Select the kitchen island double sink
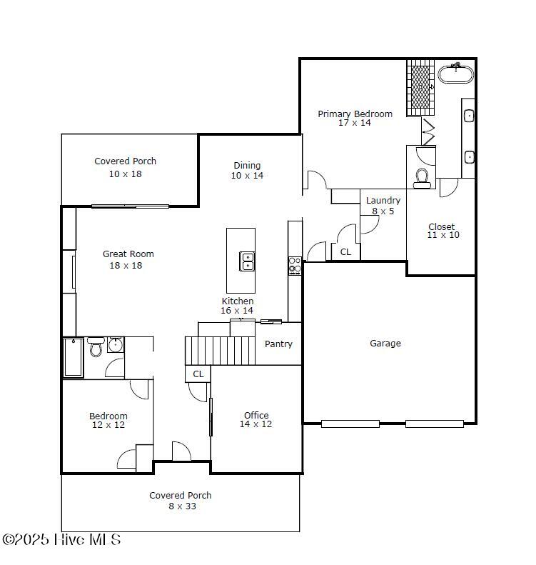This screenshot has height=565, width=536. pyautogui.click(x=247, y=261)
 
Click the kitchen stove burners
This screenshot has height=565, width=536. pyautogui.click(x=295, y=265)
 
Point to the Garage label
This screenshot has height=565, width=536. pyautogui.click(x=385, y=344)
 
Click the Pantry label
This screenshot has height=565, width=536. pyautogui.click(x=278, y=344)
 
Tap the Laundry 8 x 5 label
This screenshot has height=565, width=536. pyautogui.click(x=383, y=206)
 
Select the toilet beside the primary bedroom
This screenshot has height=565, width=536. pyautogui.click(x=422, y=177)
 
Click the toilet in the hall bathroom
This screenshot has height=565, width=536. pyautogui.click(x=96, y=349)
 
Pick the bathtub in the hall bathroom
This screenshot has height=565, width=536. pyautogui.click(x=74, y=357)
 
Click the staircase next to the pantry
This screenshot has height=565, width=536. pyautogui.click(x=220, y=351)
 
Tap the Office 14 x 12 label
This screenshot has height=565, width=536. pyautogui.click(x=256, y=419)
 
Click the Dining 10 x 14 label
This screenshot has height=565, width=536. pyautogui.click(x=247, y=170)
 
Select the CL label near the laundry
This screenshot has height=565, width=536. pyautogui.click(x=345, y=252)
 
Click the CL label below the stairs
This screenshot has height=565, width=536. pyautogui.click(x=198, y=374)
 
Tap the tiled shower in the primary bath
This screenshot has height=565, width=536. pyautogui.click(x=420, y=87)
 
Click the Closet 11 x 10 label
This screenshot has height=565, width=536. pyautogui.click(x=443, y=231)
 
